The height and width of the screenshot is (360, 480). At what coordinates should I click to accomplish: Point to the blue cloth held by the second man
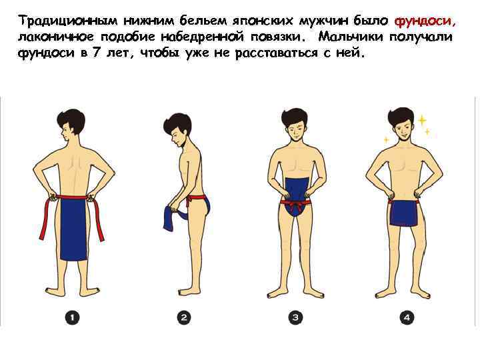click(x=171, y=219)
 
